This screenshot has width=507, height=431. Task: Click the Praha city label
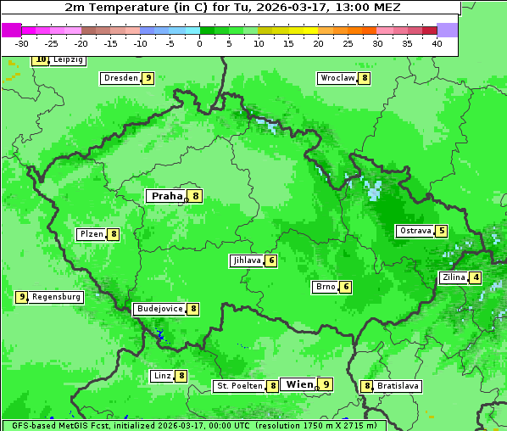pyautogui.click(x=166, y=196)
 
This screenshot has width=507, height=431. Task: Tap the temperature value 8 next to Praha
pyautogui.click(x=196, y=196)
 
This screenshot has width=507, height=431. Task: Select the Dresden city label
pyautogui.click(x=120, y=78)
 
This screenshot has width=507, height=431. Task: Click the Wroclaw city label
pyautogui.click(x=337, y=78)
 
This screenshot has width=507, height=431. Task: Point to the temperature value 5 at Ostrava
pyautogui.click(x=441, y=231)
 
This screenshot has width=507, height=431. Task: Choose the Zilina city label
pyautogui.click(x=453, y=277)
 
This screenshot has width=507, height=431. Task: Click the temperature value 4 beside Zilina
pyautogui.click(x=476, y=277)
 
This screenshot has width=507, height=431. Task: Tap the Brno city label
pyautogui.click(x=325, y=287)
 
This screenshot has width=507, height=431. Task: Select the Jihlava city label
pyautogui.click(x=246, y=260)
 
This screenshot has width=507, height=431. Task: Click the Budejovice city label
pyautogui.click(x=159, y=309)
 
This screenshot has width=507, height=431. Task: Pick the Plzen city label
pyautogui.click(x=91, y=234)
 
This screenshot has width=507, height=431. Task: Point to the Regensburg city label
pyautogui.click(x=57, y=297)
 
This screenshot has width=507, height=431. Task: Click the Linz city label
pyautogui.click(x=161, y=376)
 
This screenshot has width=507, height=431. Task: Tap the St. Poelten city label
pyautogui.click(x=238, y=386)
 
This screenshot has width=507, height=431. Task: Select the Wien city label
pyautogui.click(x=299, y=384)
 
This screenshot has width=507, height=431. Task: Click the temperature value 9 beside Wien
pyautogui.click(x=325, y=384)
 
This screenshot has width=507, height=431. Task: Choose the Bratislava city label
pyautogui.click(x=398, y=386)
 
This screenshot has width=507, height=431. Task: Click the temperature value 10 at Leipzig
pyautogui.click(x=40, y=59)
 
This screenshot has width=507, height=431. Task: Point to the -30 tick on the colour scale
pyautogui.click(x=22, y=43)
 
